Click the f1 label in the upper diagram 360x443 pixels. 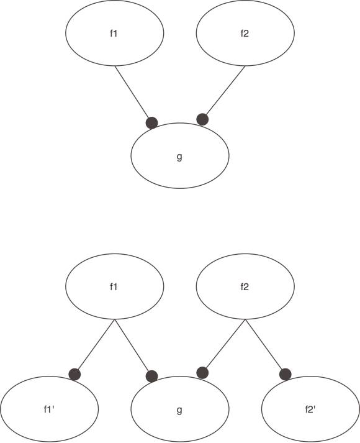114,34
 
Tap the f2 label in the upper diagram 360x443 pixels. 245,34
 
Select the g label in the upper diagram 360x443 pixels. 179,157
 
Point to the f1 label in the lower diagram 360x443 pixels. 114,287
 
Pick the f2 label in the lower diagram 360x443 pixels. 245,287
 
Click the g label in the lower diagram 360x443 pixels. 179,410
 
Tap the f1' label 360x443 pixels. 49,409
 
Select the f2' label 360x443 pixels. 310,409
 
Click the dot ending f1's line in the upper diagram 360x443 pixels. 152,123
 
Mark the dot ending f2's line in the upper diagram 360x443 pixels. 202,119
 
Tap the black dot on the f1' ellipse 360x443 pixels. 74,375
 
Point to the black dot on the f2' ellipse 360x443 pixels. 285,375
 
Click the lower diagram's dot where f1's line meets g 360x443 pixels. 152,377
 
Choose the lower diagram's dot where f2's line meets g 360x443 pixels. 202,373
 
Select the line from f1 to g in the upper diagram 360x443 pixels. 132,91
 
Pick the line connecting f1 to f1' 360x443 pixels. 96,344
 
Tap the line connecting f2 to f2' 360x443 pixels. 264,344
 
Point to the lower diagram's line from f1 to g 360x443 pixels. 132,345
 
